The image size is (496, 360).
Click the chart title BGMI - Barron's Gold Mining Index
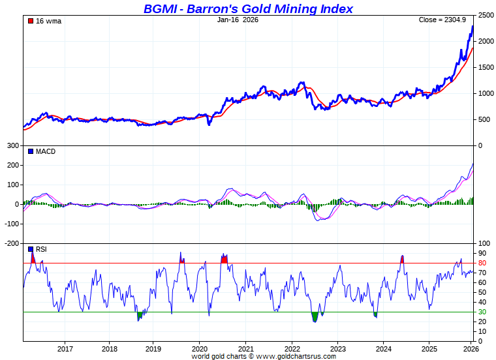tap(248, 8)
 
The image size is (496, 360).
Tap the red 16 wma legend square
tap(30, 21)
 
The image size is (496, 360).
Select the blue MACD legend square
tap(30, 151)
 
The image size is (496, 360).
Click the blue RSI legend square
tap(30, 249)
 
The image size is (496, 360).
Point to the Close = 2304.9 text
tap(442, 20)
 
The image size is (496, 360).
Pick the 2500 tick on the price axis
tap(486, 15)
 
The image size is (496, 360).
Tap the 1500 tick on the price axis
tap(486, 67)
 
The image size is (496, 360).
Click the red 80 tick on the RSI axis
tap(482, 263)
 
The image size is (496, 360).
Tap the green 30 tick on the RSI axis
tap(482, 312)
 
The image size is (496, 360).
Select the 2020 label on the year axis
tap(199, 349)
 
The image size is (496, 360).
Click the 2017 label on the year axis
tap(65, 349)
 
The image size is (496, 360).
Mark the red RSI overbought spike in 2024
tap(402, 259)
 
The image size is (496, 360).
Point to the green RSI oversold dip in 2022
tap(315, 317)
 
